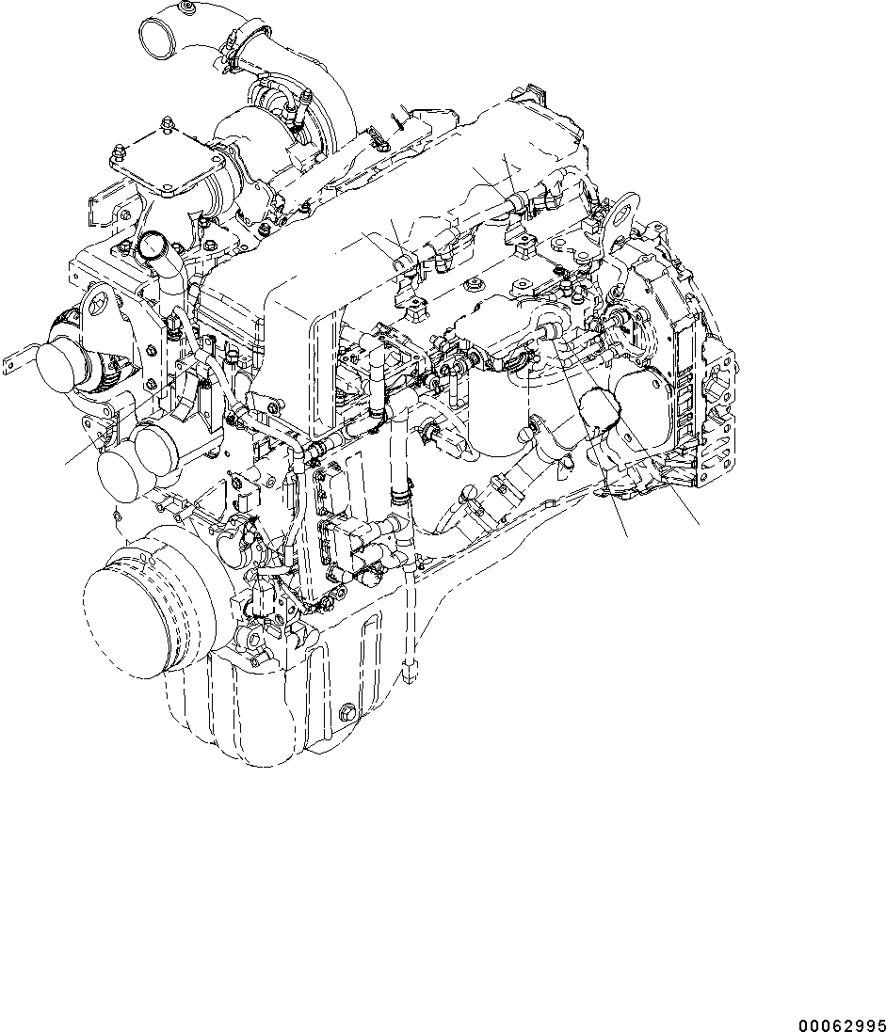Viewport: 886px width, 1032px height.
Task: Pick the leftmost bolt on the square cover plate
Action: coord(120,150)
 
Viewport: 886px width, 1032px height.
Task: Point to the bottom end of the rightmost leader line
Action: coord(699,524)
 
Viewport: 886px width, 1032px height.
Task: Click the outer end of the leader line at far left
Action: coord(66,464)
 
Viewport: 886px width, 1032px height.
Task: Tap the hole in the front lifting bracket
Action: coord(96,307)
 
